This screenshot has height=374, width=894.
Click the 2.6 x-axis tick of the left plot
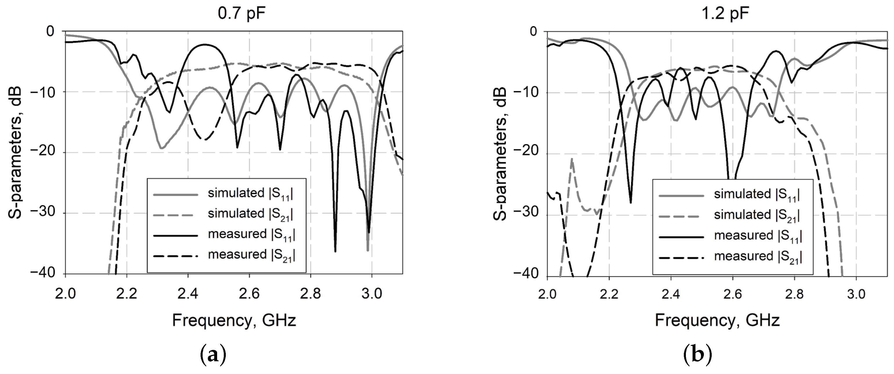pyautogui.click(x=249, y=294)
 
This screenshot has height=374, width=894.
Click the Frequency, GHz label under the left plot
pyautogui.click(x=234, y=321)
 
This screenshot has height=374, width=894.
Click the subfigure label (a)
pyautogui.click(x=213, y=355)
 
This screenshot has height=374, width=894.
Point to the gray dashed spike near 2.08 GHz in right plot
pyautogui.click(x=572, y=160)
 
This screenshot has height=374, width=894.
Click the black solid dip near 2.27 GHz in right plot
pyautogui.click(x=630, y=202)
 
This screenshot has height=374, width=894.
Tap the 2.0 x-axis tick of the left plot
pyautogui.click(x=66, y=294)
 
